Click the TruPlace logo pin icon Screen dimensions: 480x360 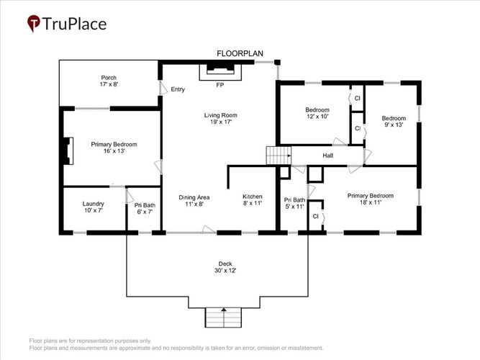(34, 23)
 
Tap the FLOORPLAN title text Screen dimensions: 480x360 (240, 53)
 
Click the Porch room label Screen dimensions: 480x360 (109, 81)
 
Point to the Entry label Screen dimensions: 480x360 (178, 89)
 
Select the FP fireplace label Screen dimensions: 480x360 (219, 85)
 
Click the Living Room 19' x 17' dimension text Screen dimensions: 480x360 (221, 122)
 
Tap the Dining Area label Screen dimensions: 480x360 (194, 200)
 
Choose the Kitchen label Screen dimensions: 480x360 (253, 199)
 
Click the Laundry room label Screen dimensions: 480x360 (94, 207)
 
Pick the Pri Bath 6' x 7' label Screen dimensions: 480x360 (145, 208)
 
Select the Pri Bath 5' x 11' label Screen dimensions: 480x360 (294, 203)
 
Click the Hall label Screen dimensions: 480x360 (328, 156)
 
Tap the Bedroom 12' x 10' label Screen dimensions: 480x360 (317, 113)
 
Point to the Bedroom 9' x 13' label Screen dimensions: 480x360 (394, 122)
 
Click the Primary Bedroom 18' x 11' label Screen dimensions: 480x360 (371, 199)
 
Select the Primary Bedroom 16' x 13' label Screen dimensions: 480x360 (114, 148)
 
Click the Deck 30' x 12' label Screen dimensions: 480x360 (225, 267)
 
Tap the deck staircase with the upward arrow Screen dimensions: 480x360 (224, 318)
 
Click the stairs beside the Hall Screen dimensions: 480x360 (279, 156)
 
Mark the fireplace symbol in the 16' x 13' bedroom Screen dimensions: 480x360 (68, 151)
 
